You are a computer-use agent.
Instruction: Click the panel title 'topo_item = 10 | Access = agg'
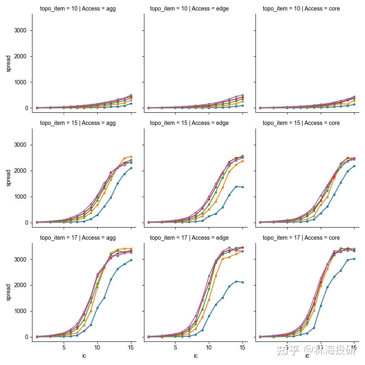point(77,9)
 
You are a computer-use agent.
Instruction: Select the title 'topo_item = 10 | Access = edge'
point(189,9)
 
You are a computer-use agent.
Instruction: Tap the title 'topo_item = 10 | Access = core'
point(301,9)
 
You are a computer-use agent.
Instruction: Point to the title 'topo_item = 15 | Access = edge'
point(189,123)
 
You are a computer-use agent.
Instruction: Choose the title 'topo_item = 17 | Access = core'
point(301,238)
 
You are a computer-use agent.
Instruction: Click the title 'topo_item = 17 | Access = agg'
point(77,238)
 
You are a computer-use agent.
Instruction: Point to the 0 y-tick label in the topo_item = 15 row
point(26,223)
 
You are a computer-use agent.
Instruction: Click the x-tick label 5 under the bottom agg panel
point(64,348)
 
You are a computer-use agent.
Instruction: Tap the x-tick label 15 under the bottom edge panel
point(242,348)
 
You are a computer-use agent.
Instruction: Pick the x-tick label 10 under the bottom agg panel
point(97,348)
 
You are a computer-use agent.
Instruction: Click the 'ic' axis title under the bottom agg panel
point(84,356)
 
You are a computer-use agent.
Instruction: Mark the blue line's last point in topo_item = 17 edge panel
point(243,282)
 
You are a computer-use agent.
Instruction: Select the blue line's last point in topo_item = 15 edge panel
point(243,187)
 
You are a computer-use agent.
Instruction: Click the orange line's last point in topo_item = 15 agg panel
point(131,157)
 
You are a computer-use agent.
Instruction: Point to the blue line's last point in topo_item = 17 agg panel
point(131,260)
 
